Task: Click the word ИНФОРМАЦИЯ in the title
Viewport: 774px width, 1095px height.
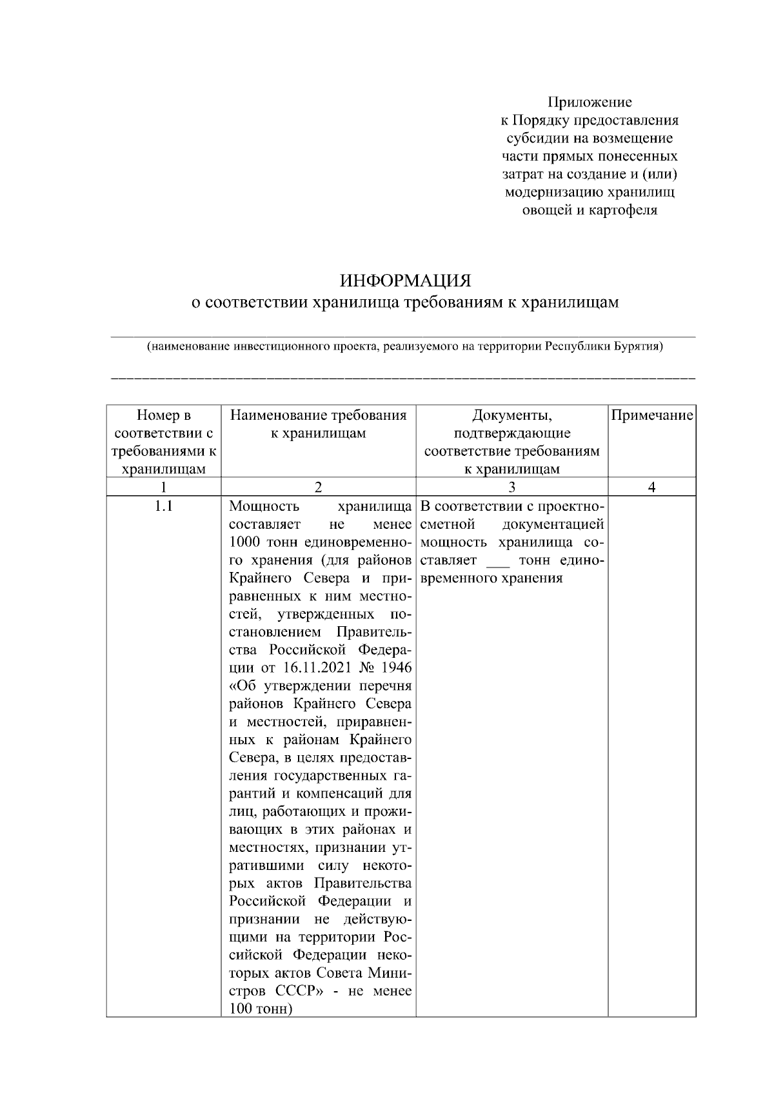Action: [406, 281]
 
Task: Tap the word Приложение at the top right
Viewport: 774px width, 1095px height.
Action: [590, 102]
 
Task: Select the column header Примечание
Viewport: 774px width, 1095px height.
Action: [651, 415]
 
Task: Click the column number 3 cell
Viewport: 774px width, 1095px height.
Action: [511, 488]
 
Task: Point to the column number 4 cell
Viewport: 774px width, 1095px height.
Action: [651, 488]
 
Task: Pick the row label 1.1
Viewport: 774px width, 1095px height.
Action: [164, 506]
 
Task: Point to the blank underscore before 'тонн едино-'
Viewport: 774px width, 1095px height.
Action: [497, 560]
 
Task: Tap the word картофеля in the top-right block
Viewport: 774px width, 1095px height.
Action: [623, 210]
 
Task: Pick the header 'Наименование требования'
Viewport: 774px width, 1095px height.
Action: [318, 415]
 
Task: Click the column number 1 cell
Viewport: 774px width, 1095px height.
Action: [164, 488]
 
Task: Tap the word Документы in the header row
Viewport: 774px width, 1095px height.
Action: [511, 415]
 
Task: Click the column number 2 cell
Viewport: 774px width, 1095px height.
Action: [318, 488]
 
